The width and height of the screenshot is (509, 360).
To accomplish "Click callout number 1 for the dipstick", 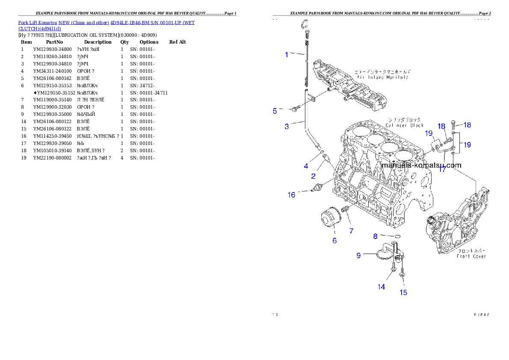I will [287, 54].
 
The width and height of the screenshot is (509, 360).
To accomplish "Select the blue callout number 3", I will [287, 126].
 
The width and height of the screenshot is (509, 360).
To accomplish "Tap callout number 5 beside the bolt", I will [275, 111].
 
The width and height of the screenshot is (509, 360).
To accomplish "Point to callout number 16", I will [291, 195].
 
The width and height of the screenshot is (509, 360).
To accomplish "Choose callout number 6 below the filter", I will [334, 240].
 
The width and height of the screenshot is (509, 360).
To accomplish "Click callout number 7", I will [351, 231].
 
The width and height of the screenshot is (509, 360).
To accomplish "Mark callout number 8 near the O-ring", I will [375, 236].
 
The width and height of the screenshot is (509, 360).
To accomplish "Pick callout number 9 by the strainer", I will [359, 256].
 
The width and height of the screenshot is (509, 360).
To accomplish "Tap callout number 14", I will [381, 287].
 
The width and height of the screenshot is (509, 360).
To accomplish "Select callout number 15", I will [403, 292].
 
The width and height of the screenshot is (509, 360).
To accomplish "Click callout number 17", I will [442, 169].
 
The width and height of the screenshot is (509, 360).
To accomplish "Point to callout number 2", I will [314, 176].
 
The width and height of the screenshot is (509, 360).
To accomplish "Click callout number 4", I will [306, 166].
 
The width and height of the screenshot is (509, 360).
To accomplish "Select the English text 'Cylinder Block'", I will [404, 125].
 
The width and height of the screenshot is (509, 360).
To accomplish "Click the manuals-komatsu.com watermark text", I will [421, 165].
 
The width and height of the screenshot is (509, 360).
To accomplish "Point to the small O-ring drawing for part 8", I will [397, 236].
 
